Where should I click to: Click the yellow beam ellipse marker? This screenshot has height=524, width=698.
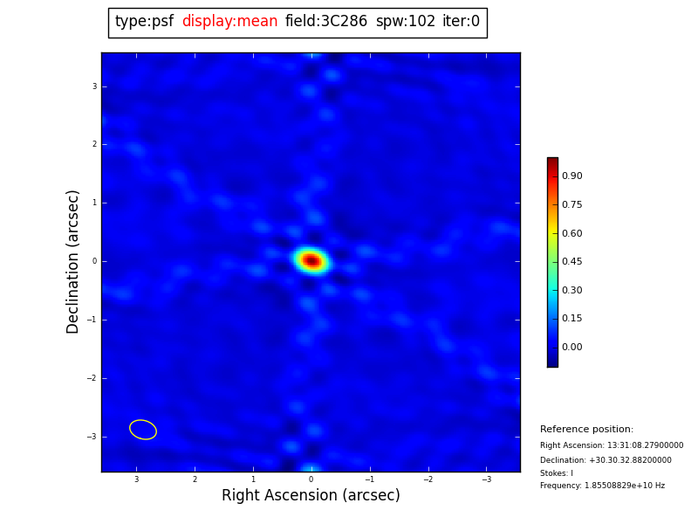[143, 430]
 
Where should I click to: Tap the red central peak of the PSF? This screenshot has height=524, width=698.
[311, 260]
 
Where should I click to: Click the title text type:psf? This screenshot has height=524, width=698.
[144, 22]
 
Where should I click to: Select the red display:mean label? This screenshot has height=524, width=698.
[229, 22]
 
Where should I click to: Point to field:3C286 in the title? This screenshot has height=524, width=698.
[326, 22]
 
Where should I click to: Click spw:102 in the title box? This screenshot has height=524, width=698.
[406, 22]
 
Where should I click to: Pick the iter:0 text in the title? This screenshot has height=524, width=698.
[461, 22]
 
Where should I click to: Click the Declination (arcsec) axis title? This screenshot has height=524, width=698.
[73, 261]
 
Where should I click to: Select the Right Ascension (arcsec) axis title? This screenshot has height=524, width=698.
[311, 496]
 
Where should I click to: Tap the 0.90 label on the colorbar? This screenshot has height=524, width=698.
[571, 176]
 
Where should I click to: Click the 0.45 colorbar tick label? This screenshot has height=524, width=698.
[571, 262]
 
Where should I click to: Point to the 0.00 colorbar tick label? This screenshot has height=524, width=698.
[571, 348]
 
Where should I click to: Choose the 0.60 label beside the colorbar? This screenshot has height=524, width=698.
[571, 234]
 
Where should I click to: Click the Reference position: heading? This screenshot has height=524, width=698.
[586, 430]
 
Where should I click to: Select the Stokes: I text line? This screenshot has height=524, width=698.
[557, 473]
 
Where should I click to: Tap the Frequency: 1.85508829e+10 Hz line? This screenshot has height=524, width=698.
[602, 486]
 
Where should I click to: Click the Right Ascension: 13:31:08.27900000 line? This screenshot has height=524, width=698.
[612, 445]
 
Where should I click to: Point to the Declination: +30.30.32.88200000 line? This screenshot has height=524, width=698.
[606, 460]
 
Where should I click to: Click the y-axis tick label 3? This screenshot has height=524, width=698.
[94, 86]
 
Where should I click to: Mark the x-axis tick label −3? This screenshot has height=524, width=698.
[486, 479]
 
